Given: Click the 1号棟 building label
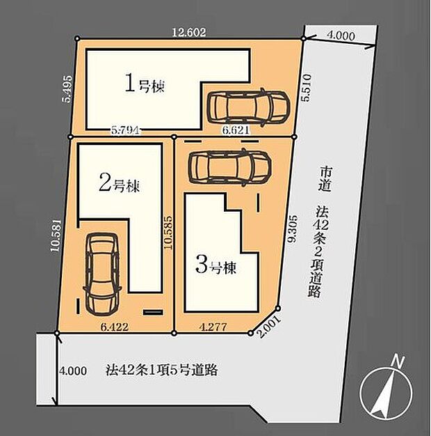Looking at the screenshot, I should [144, 86].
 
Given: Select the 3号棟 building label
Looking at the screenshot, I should [215, 266].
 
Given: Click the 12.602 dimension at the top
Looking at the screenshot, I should [190, 31].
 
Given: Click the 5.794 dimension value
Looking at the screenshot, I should [124, 130].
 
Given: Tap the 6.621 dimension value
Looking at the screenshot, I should [234, 130].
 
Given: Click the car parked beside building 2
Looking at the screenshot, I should [102, 272].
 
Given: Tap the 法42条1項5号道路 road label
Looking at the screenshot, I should [162, 370].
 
